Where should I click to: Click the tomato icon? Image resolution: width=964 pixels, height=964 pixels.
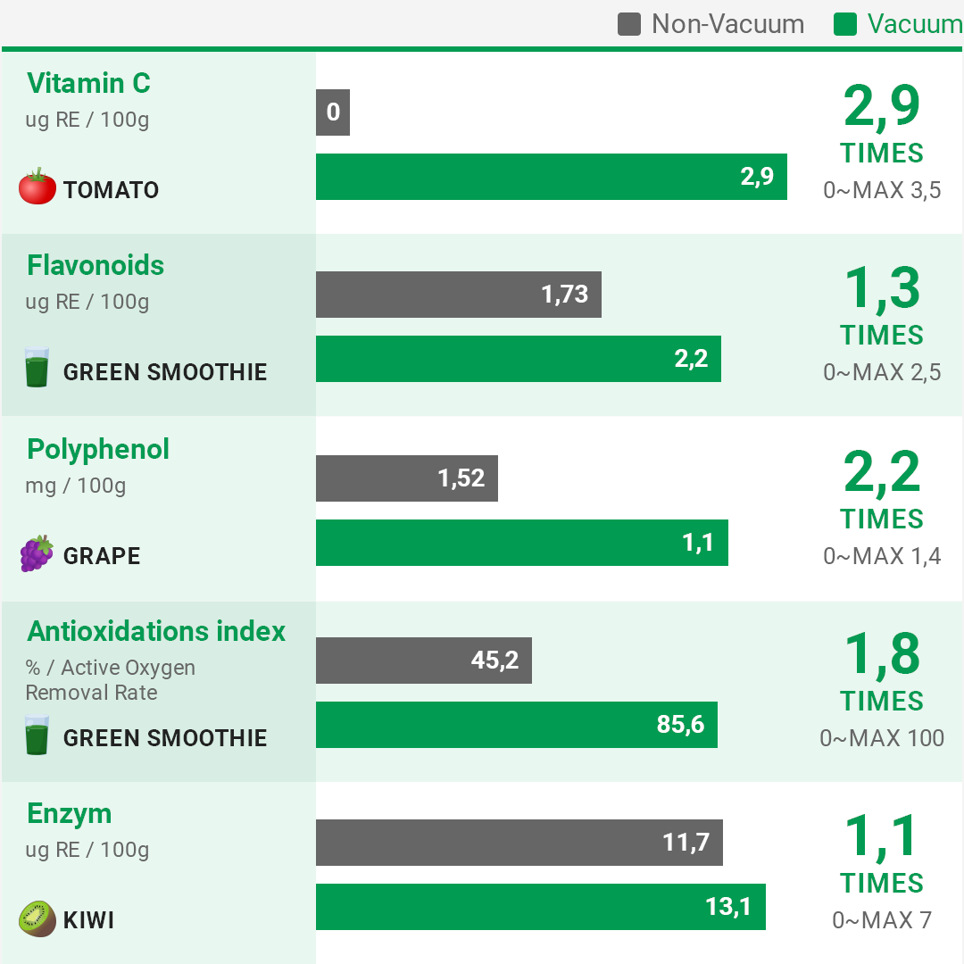(x=37, y=187)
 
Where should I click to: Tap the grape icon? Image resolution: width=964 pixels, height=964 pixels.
(x=37, y=554)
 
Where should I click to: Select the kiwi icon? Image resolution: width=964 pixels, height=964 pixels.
(x=37, y=918)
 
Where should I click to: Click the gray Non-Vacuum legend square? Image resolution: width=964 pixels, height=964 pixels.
(x=629, y=24)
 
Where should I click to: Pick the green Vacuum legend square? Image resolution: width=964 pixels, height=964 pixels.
(x=845, y=24)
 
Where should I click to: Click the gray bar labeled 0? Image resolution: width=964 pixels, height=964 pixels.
(x=333, y=112)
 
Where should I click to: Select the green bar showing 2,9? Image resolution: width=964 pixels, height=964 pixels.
(x=551, y=177)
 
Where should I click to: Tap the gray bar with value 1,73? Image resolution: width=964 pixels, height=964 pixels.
(x=458, y=295)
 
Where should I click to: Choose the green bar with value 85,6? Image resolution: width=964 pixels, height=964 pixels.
(x=516, y=725)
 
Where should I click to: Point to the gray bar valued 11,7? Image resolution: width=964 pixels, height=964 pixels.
(x=519, y=843)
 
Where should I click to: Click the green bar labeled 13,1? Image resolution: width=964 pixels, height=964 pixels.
(x=540, y=907)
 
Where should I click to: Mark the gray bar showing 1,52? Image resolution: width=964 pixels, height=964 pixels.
(x=406, y=478)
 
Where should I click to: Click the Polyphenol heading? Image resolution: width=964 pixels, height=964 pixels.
(x=98, y=449)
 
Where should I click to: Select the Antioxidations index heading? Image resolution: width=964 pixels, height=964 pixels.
(x=156, y=631)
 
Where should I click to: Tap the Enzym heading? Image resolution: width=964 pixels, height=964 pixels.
(x=70, y=813)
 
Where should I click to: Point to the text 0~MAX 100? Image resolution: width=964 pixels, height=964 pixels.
(x=882, y=738)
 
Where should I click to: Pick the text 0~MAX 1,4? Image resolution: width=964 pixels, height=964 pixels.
(x=882, y=556)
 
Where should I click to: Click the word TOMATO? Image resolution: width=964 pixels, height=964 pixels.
(x=111, y=190)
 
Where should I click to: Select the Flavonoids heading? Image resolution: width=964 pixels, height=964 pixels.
(x=96, y=265)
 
